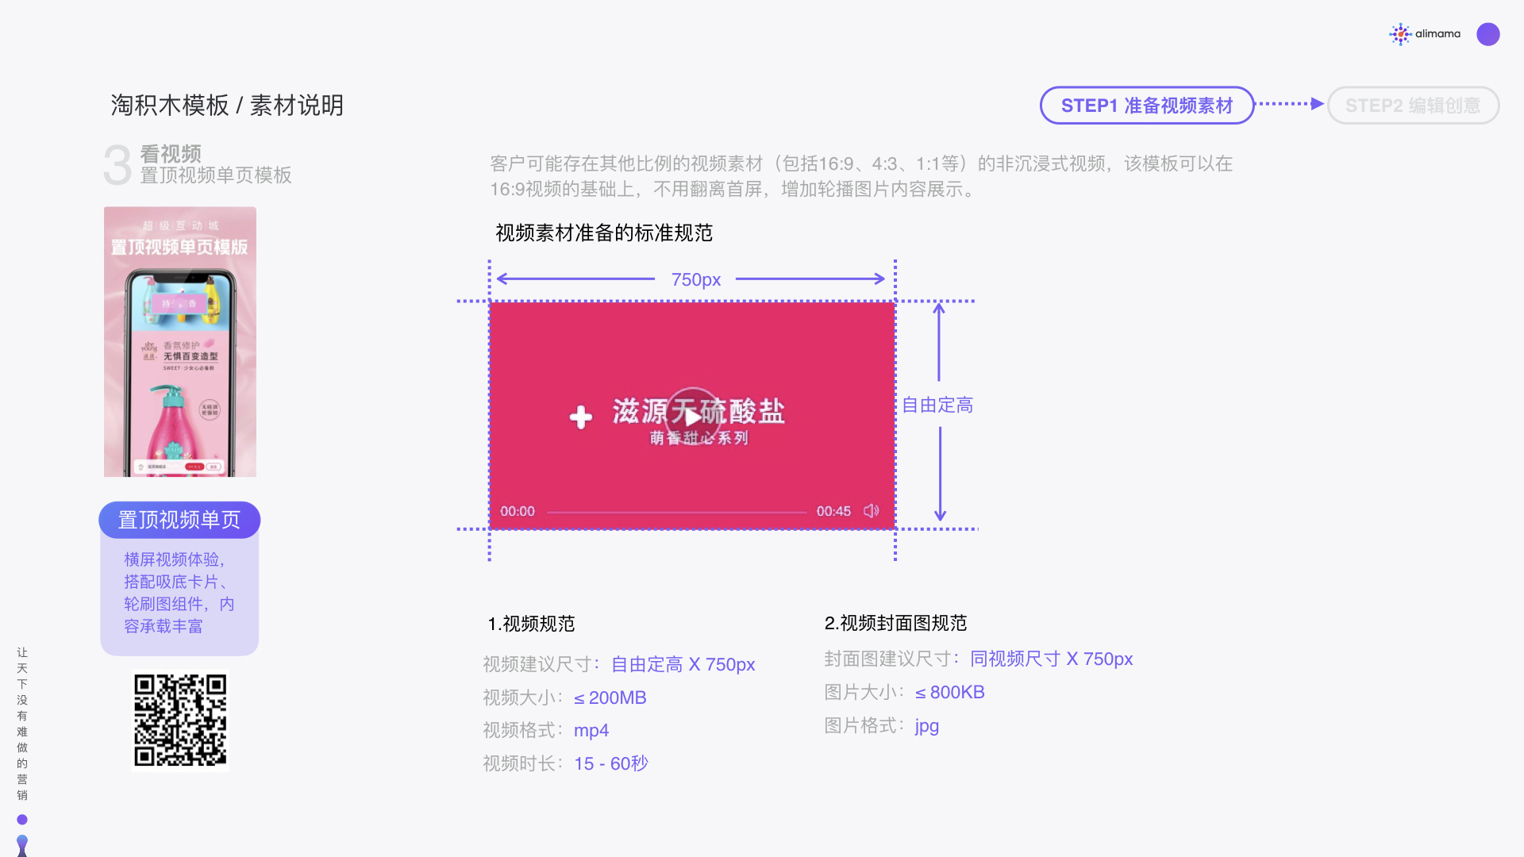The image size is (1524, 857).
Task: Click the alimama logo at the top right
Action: [x=1426, y=34]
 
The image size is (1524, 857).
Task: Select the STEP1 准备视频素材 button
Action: [x=1146, y=106]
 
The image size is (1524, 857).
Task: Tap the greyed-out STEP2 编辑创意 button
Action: [x=1412, y=106]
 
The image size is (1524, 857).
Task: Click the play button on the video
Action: [x=692, y=415]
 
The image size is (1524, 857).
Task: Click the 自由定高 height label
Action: [x=937, y=405]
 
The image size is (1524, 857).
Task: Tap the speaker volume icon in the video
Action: [x=871, y=511]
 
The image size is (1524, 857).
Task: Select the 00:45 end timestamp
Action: [x=833, y=512]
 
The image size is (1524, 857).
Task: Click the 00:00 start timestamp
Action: [x=518, y=512]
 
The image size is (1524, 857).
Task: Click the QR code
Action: [x=180, y=721]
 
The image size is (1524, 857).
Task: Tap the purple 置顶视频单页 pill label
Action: [x=179, y=520]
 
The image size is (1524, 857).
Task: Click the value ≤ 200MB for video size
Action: [x=610, y=698]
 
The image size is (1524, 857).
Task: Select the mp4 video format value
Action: [x=591, y=731]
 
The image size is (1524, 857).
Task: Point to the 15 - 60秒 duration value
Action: [x=611, y=764]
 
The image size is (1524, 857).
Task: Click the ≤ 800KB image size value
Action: [x=949, y=693]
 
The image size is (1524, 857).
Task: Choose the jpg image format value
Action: [x=926, y=726]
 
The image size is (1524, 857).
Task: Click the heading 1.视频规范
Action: [x=531, y=624]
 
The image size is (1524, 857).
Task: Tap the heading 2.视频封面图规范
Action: [x=895, y=624]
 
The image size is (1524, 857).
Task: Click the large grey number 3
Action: [x=117, y=165]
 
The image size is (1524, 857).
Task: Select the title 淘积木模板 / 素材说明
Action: [x=227, y=106]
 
